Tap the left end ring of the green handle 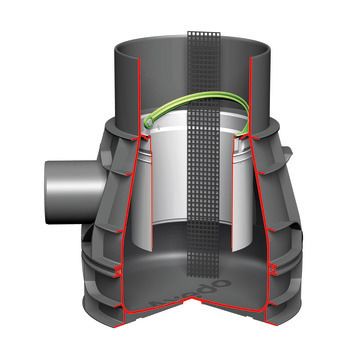tap(147, 125)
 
